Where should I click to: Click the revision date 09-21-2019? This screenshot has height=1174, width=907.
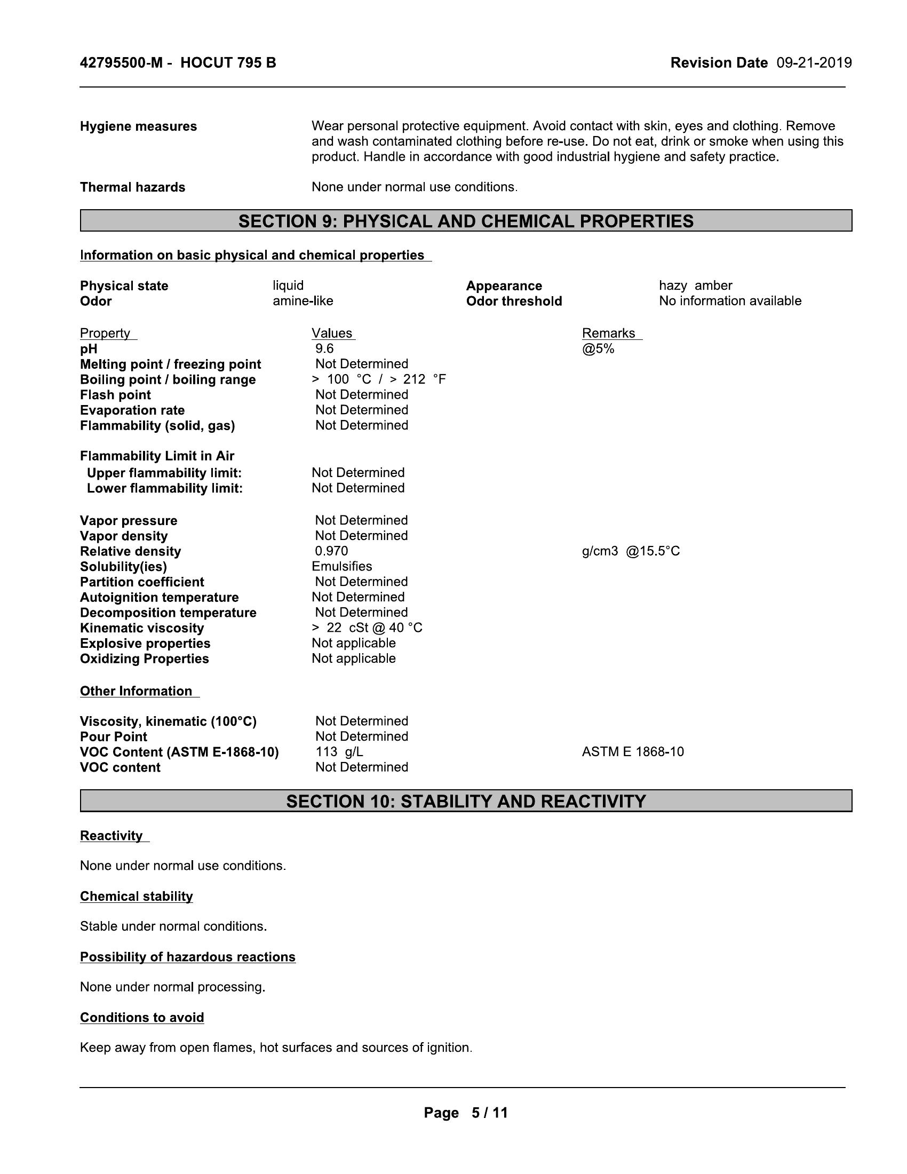coord(814,63)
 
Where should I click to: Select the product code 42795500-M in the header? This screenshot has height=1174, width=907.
coord(121,63)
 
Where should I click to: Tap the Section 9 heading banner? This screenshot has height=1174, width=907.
coord(466,221)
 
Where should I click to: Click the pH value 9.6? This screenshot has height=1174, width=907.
coord(324,348)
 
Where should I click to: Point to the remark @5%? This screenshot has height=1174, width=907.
coord(598,348)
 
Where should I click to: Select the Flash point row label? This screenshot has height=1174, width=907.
coord(116,395)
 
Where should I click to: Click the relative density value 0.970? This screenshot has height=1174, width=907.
coord(331,551)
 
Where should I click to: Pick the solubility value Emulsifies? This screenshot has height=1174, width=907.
coord(342,566)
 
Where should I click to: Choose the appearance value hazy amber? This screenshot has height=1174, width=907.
coord(695,285)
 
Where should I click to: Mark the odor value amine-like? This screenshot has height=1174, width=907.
coord(303,300)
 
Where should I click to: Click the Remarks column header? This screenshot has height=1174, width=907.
coord(609,334)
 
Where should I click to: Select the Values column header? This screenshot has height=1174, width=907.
coord(332,334)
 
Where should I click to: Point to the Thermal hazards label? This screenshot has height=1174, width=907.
coord(133,187)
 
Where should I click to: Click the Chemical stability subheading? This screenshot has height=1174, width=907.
coord(137,896)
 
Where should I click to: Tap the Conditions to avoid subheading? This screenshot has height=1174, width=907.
coord(142,1018)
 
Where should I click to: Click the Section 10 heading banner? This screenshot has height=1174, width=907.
coord(466,801)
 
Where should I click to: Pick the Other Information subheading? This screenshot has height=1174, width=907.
coord(136,691)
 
